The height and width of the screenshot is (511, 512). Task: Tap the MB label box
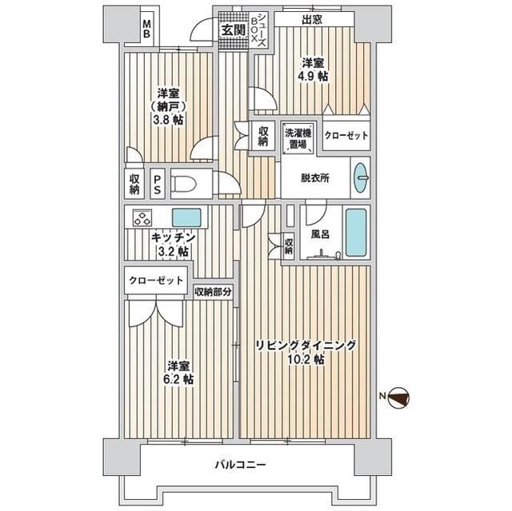(x=147, y=30)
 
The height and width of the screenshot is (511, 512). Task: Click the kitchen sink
(x=187, y=217)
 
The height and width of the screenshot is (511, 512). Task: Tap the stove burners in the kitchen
(x=143, y=218)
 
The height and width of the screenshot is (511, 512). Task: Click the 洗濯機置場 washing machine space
(x=298, y=138)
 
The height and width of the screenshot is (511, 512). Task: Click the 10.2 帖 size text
(x=306, y=359)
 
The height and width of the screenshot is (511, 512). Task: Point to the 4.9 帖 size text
(x=312, y=77)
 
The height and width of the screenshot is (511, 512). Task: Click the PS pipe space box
(x=158, y=185)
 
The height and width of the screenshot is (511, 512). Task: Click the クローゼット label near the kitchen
(x=157, y=281)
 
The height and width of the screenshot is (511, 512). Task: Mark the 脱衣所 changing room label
(x=314, y=178)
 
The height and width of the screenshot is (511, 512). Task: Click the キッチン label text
(x=173, y=238)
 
